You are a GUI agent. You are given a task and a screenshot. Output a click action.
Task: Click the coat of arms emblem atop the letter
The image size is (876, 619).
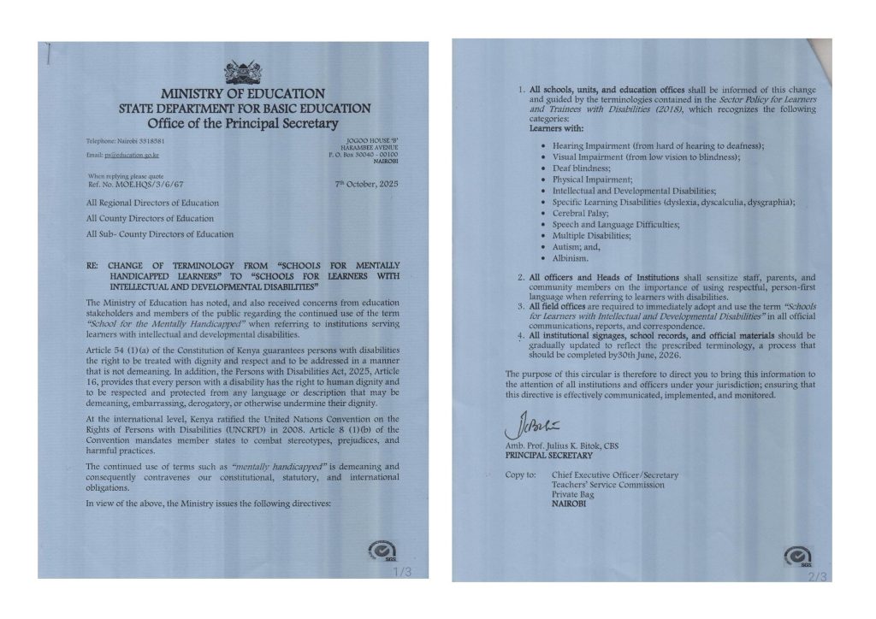click(243, 72)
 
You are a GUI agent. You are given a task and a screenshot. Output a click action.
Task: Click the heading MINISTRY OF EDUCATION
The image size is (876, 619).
click(244, 93)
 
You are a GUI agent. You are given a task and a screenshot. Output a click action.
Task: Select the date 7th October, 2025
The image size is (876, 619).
click(366, 184)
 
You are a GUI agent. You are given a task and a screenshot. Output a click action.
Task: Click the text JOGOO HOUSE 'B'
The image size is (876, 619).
click(373, 139)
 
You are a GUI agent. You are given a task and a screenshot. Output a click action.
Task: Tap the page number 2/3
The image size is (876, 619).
click(818, 577)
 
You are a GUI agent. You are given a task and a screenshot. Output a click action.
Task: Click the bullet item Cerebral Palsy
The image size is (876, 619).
click(581, 213)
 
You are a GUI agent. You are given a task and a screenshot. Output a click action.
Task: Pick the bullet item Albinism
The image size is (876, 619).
click(571, 257)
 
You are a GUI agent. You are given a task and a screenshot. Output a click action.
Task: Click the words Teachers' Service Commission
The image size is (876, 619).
click(607, 485)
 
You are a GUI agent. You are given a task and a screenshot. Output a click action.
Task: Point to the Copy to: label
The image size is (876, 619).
click(521, 475)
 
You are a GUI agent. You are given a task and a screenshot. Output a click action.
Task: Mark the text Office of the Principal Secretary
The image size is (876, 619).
click(244, 124)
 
